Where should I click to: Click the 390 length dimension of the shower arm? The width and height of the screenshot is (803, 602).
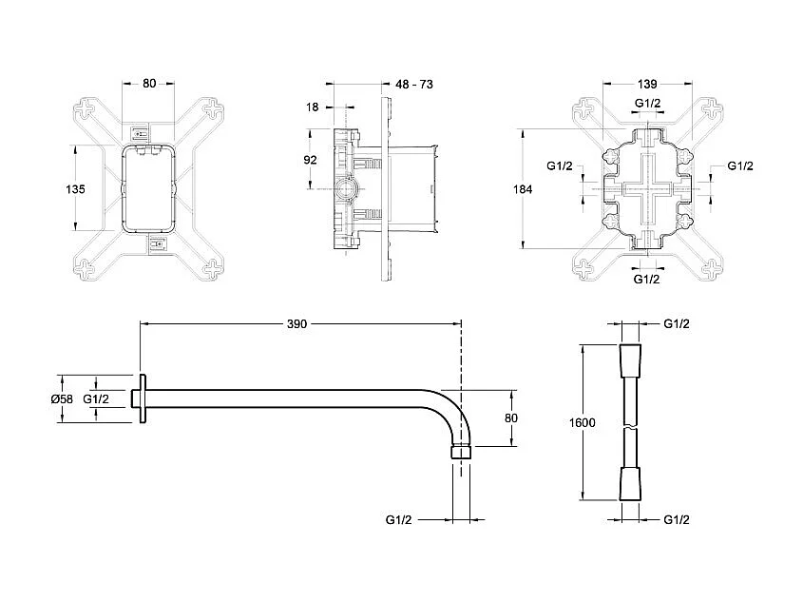coord(296,324)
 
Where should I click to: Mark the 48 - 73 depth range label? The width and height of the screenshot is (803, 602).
coord(414,85)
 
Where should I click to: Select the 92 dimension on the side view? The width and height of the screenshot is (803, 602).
coord(310,160)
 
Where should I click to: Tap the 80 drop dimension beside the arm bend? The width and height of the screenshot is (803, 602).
coord(510,417)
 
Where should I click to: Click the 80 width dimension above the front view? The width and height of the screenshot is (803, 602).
coord(149,84)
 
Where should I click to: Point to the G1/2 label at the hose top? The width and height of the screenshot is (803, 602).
coord(676,324)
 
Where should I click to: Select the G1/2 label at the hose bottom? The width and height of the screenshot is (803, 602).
coord(676,520)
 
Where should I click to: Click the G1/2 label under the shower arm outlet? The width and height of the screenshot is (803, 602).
coord(399,520)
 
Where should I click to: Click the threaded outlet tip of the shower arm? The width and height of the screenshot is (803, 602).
coord(460,449)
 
